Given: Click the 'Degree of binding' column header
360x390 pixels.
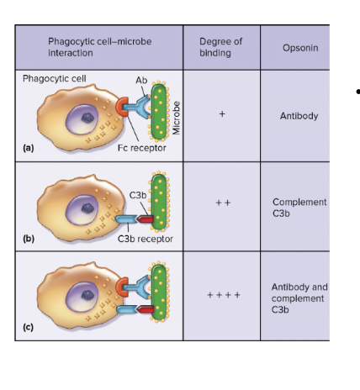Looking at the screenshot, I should point(221,47).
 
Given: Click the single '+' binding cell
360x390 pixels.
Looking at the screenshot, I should point(221,116).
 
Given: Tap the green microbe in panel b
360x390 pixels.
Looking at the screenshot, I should point(157,203).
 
